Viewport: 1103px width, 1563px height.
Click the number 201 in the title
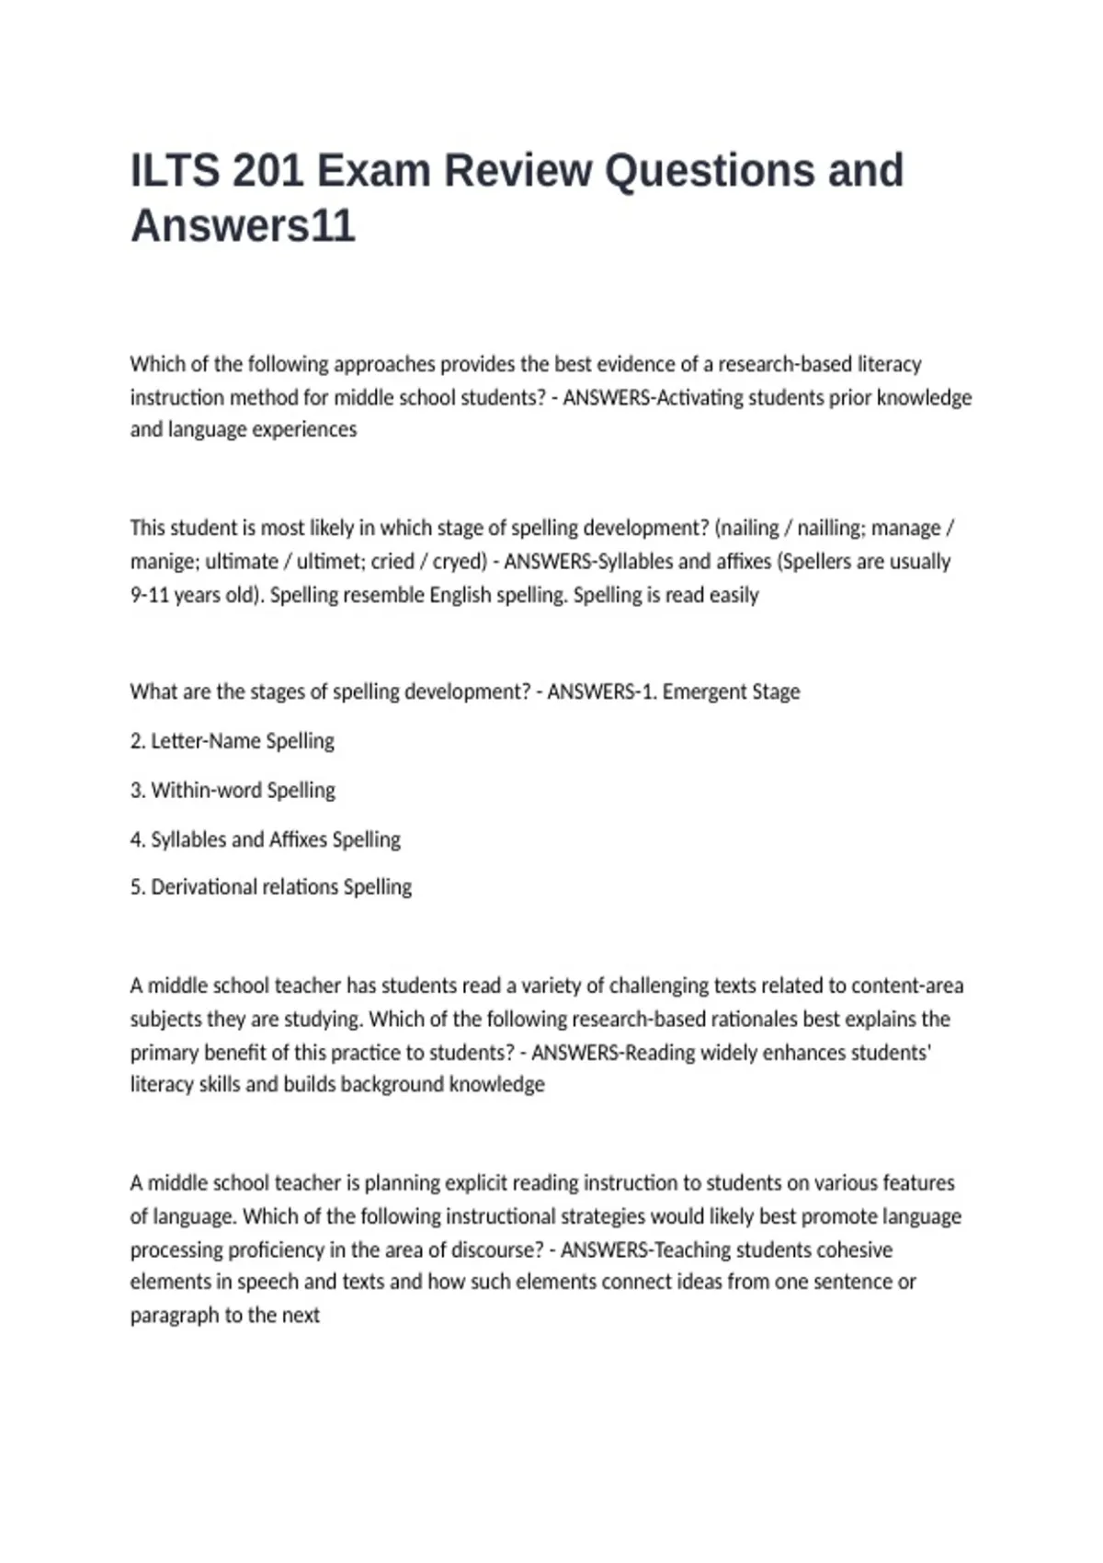click(x=267, y=171)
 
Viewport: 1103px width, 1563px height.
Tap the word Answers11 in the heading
click(x=243, y=226)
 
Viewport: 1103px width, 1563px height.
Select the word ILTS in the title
click(x=175, y=171)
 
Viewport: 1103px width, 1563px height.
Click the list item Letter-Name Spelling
click(x=242, y=741)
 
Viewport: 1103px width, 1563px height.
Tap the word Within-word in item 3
click(x=206, y=791)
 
